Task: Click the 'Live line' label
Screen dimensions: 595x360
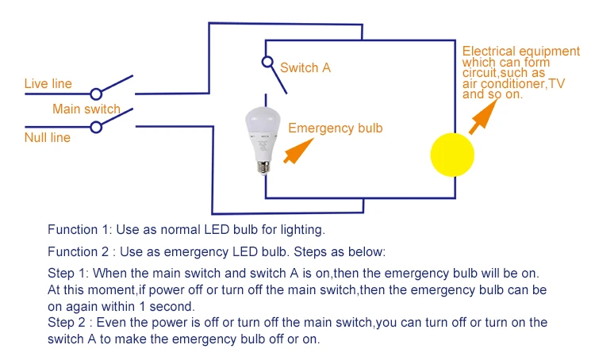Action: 48,83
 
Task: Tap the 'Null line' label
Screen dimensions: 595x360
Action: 48,137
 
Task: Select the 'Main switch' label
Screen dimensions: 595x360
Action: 86,109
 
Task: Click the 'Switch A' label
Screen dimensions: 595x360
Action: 305,67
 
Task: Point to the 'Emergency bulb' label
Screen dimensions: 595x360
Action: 336,128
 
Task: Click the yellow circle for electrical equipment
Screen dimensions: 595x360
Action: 452,155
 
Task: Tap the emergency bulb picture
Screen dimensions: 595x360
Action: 263,140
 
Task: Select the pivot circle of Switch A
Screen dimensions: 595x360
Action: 267,62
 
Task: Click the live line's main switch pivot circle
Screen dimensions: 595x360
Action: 96,94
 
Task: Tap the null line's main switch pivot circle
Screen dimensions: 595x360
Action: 96,127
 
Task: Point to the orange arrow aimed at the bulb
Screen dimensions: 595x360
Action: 298,151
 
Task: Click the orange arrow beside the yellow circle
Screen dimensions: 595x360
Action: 483,117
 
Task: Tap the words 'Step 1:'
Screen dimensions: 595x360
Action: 68,273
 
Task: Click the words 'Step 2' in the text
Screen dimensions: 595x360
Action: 67,323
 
